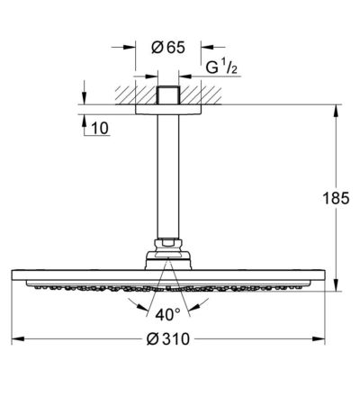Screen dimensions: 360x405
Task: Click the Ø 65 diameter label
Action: pos(168,48)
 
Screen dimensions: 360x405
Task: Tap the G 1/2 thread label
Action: pos(221,67)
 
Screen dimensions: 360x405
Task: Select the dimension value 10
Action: pos(100,129)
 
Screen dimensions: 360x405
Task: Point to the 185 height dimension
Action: pos(336,198)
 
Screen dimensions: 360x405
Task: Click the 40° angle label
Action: pos(168,314)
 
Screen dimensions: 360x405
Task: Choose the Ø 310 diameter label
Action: pos(168,339)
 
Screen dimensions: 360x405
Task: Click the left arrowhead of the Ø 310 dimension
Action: pos(18,339)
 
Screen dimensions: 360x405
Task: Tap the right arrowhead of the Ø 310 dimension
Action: pos(319,339)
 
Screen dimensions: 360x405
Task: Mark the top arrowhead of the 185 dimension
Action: pos(336,111)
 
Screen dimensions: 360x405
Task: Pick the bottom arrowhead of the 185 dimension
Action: pos(336,284)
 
